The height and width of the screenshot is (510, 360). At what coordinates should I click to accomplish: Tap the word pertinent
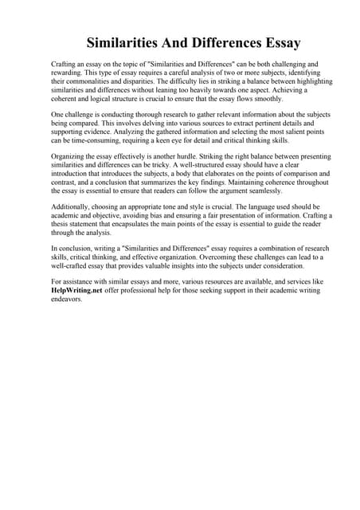pos(239,125)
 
